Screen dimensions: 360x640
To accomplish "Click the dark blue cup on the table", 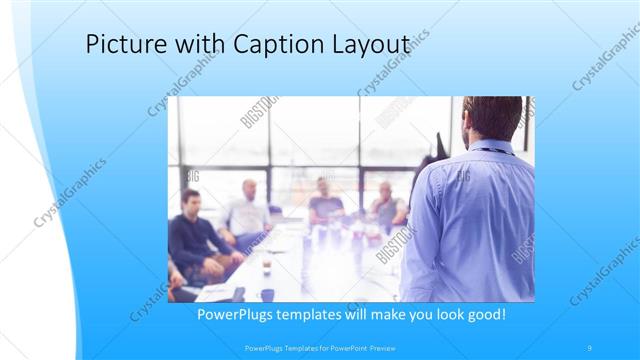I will coord(267,294).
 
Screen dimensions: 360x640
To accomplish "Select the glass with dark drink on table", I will coord(267,266).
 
